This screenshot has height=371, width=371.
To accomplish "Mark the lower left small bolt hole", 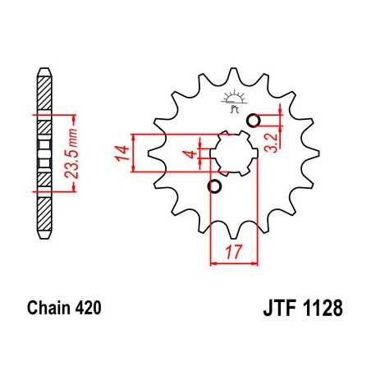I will click(216, 188).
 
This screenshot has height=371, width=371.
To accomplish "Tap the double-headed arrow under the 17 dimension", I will click(235, 263).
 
